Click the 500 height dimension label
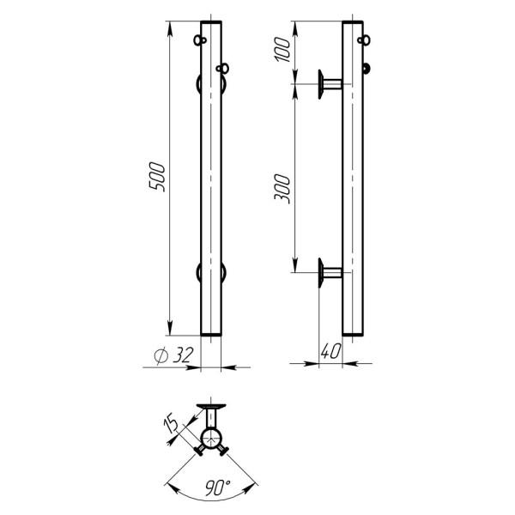coord(157,177)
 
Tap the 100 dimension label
coord(282,50)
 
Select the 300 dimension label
coord(282,189)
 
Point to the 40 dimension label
coord(330,351)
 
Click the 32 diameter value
coord(181,354)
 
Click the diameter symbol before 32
coord(161,355)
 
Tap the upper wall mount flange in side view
coord(321,84)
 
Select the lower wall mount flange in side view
coord(321,273)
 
